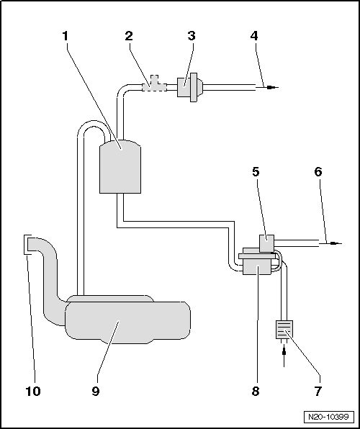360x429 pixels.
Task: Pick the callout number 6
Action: pyautogui.click(x=319, y=172)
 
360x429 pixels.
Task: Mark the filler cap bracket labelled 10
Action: pyautogui.click(x=27, y=245)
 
